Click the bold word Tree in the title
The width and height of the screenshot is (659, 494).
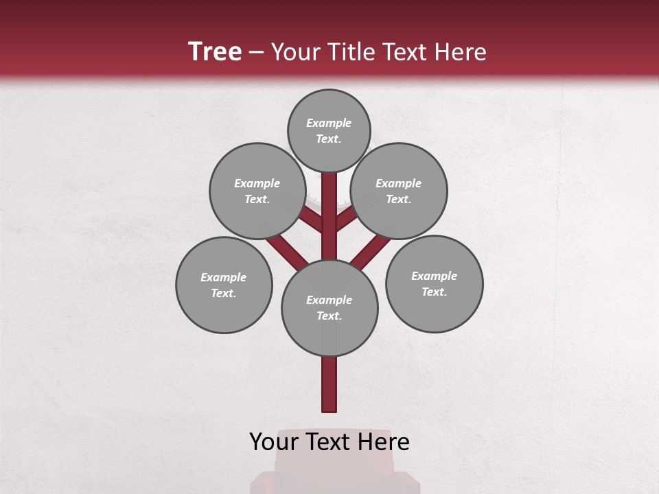pyautogui.click(x=215, y=52)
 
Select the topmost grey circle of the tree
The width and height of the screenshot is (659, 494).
pyautogui.click(x=329, y=130)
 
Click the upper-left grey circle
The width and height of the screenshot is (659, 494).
pyautogui.click(x=257, y=191)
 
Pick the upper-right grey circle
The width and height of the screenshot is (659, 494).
pyautogui.click(x=399, y=191)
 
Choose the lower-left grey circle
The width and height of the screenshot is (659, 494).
pyautogui.click(x=224, y=285)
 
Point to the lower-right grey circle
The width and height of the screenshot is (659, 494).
pyautogui.click(x=435, y=283)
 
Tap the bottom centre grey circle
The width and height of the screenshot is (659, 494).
pyautogui.click(x=329, y=307)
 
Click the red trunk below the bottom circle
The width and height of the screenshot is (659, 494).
pyautogui.click(x=329, y=384)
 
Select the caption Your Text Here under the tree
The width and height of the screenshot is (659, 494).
pyautogui.click(x=329, y=442)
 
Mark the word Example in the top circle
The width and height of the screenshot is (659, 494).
pyautogui.click(x=329, y=123)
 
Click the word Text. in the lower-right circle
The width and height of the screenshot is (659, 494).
pyautogui.click(x=434, y=292)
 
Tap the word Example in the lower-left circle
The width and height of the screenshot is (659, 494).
pyautogui.click(x=223, y=277)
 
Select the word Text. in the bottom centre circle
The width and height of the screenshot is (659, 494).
pyautogui.click(x=329, y=316)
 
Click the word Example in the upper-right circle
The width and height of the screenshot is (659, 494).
pyautogui.click(x=398, y=183)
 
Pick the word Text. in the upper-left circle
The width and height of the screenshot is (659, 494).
pyautogui.click(x=257, y=199)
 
